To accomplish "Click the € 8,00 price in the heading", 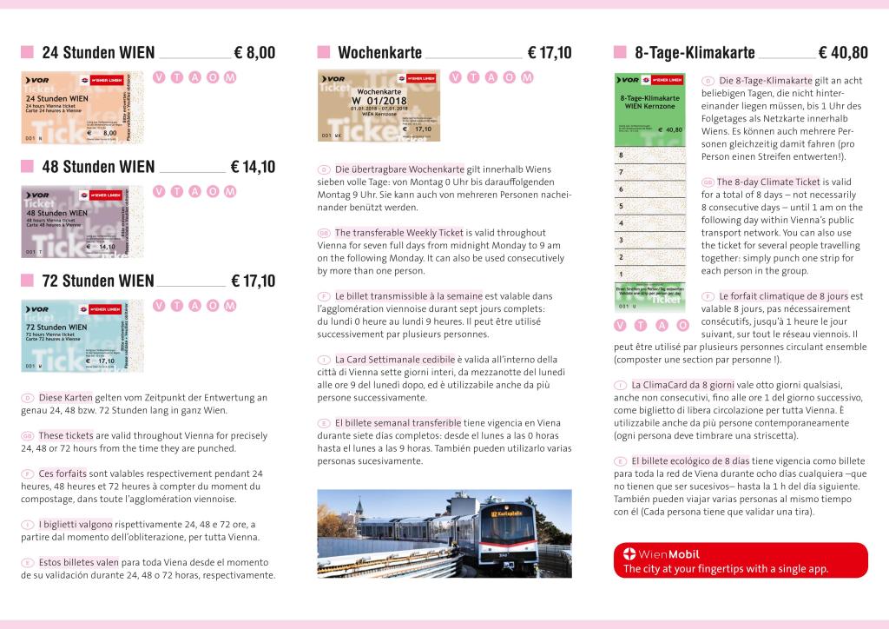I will (x=254, y=53).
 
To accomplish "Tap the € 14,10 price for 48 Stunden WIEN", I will (x=253, y=167).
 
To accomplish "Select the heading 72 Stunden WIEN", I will (x=98, y=281).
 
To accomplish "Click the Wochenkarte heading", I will (x=379, y=53).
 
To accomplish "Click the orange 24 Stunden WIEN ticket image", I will (x=81, y=107).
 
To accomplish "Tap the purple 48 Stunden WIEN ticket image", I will (x=81, y=221).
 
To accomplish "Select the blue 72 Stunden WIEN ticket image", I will (x=81, y=334).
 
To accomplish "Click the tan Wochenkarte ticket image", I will (x=379, y=106).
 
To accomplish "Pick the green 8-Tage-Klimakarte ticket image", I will (x=649, y=191).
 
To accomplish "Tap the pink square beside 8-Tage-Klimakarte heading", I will (x=619, y=53).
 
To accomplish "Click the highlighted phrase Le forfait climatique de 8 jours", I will (x=783, y=296).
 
